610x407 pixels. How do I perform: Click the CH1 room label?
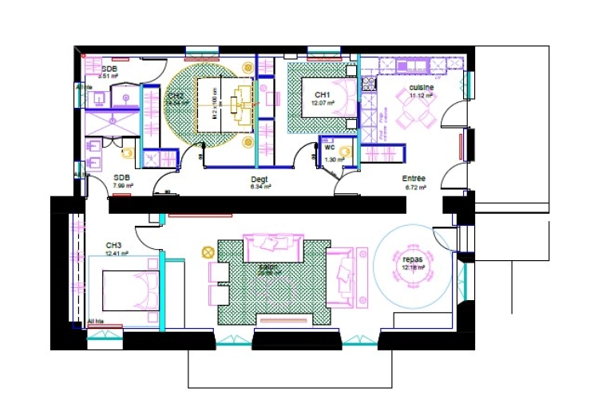click(x=323, y=94)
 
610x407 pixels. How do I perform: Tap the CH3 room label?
click(x=113, y=245)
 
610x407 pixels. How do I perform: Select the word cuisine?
click(x=421, y=86)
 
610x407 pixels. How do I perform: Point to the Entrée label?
click(x=414, y=179)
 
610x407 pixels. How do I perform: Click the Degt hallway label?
click(x=260, y=180)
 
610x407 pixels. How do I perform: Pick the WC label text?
click(x=329, y=148)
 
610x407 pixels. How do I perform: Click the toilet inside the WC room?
click(x=345, y=151)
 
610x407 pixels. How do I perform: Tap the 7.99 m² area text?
click(x=122, y=186)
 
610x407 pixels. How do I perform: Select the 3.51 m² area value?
click(x=108, y=77)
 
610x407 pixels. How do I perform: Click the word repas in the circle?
click(x=412, y=259)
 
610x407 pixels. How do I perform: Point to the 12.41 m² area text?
click(x=117, y=254)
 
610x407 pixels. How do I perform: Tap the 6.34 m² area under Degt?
click(x=261, y=188)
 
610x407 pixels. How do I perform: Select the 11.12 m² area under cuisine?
click(x=421, y=95)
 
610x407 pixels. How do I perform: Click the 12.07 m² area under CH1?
click(x=323, y=103)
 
